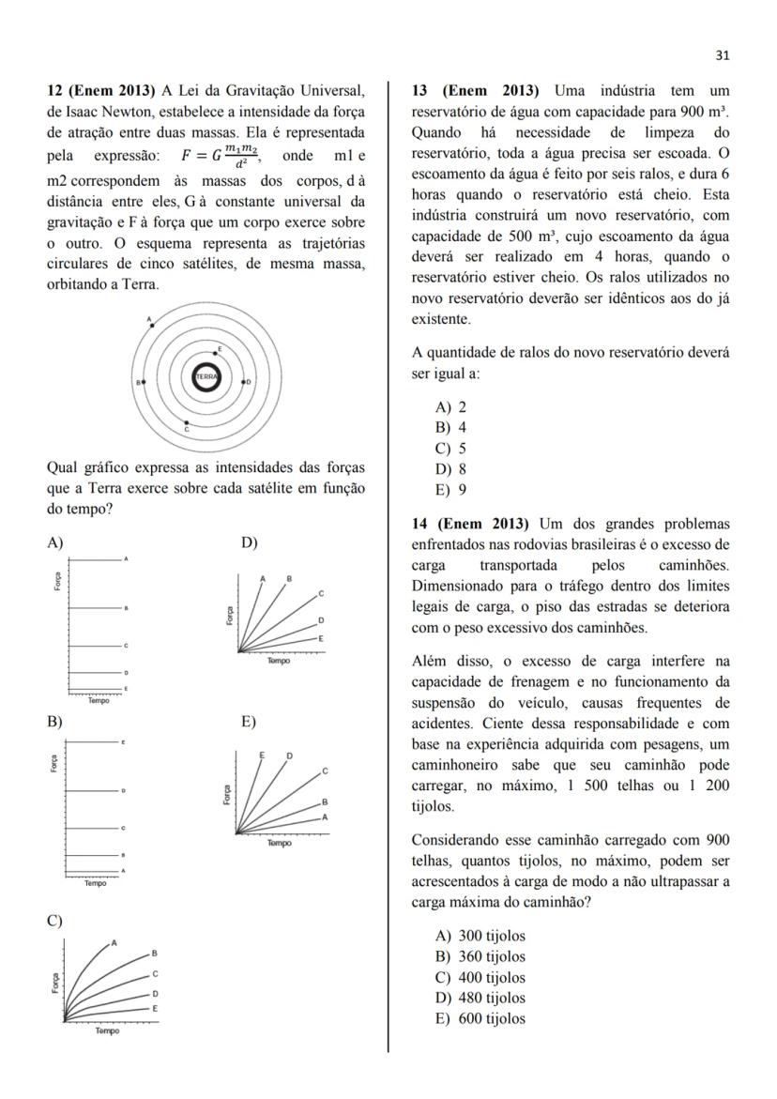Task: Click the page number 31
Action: pos(722,55)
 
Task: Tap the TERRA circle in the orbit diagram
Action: pos(206,376)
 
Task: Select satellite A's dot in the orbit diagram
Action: pos(153,325)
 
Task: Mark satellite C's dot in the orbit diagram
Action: pos(187,423)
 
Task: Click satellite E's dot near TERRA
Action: pos(215,353)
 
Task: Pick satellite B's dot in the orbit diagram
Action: pos(143,382)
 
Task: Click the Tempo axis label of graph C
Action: pos(106,1030)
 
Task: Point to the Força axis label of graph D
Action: pos(230,616)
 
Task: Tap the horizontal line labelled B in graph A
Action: pos(94,608)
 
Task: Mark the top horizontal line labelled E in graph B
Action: pos(94,742)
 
